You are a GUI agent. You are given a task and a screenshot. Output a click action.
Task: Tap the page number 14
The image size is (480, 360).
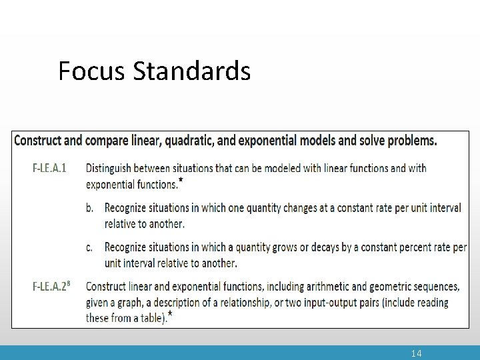pyautogui.click(x=416, y=353)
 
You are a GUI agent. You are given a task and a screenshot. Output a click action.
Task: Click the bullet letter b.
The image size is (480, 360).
pyautogui.click(x=90, y=208)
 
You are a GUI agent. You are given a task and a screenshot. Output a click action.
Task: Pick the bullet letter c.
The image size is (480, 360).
pyautogui.click(x=89, y=247)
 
